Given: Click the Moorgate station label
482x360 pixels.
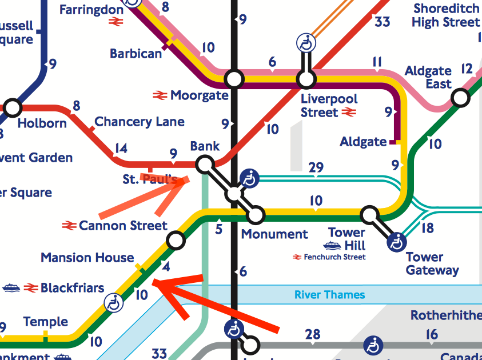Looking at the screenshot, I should [199, 95].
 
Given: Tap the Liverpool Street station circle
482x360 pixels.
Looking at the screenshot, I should [306, 78].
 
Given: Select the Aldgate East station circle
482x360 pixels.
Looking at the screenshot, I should [460, 98].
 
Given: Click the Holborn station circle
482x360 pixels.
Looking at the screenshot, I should [12, 107].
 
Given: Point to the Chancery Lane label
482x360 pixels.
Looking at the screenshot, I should [140, 122].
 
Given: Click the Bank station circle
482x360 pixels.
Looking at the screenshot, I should [204, 165].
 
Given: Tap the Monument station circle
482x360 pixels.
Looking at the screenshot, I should [256, 215].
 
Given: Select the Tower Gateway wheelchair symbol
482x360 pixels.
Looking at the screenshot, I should [396, 242].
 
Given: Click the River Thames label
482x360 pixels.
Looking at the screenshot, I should [329, 295].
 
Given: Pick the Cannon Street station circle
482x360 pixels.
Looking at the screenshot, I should [176, 241].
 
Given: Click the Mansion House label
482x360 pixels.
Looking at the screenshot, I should [87, 258].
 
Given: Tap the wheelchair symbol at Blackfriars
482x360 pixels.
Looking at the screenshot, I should [114, 303].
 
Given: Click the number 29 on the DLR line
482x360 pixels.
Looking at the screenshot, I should [316, 167].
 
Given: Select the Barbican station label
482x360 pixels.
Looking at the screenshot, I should [136, 54].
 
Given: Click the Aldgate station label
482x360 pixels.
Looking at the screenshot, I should [363, 141].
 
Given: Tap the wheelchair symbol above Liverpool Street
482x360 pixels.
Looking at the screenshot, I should [306, 43].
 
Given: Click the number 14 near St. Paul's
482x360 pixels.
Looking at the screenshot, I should [120, 149].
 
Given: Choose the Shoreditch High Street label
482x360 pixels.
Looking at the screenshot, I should [445, 15].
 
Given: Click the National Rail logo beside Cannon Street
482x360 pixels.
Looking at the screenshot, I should [69, 226].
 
